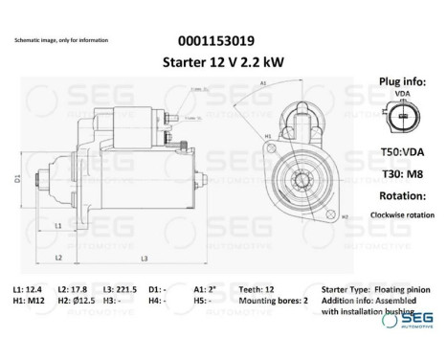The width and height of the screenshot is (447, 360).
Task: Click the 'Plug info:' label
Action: point(402,82)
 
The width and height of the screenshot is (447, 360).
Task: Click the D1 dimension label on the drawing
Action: point(18,178)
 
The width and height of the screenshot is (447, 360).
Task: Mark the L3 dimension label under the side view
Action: point(144,259)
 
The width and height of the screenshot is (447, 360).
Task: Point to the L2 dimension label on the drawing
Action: point(58,259)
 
